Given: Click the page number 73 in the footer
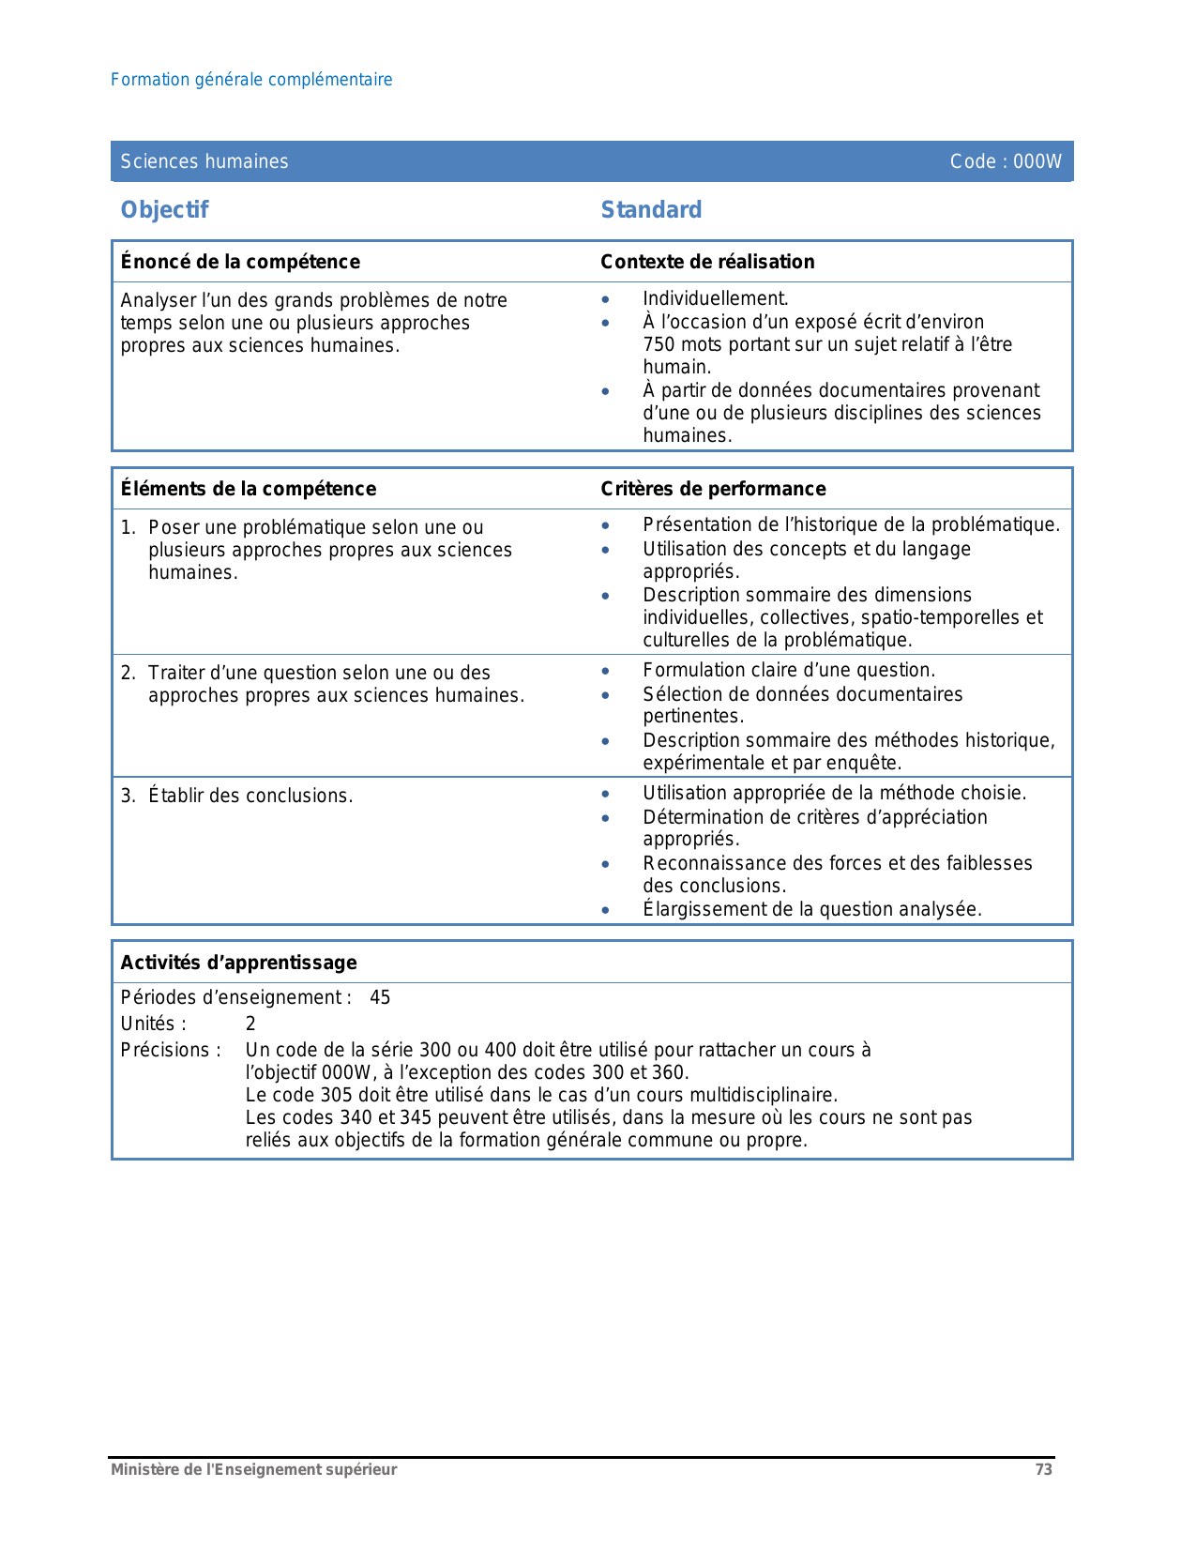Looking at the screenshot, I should coord(1043,1469).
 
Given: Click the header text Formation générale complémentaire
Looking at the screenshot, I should coord(251,80).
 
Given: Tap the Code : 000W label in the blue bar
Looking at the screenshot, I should coord(1005,161).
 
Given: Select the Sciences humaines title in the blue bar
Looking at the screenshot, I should coord(204,161).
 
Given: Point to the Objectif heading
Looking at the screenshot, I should coord(165,209).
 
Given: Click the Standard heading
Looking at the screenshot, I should coord(651,209).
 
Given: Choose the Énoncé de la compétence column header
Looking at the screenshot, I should coord(240,262).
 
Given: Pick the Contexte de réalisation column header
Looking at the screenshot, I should coord(707,262).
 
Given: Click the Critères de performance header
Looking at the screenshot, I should coord(713,489).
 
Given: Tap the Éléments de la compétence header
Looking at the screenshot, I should coord(249,489).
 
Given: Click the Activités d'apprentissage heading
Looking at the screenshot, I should coord(239,963).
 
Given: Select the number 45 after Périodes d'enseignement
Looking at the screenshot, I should coord(380,997).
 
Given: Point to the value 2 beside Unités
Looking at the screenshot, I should coord(250,1024).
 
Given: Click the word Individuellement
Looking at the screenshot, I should coord(715,298).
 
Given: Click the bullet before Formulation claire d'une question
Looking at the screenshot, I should coord(606,671).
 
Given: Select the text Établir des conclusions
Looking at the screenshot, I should coord(250,796).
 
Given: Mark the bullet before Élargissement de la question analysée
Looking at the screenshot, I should coord(606,910).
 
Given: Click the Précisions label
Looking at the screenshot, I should coord(171,1050).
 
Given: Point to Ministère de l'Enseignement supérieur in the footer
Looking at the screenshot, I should coord(254,1469).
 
